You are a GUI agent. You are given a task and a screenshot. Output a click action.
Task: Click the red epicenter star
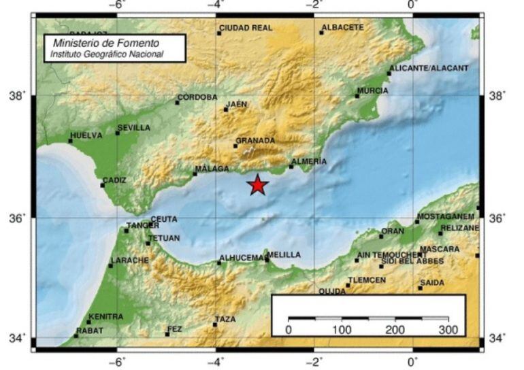coord(257,185)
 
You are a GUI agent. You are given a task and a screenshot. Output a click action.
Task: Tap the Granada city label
coord(255,141)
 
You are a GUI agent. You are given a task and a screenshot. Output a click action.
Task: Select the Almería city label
coord(309,162)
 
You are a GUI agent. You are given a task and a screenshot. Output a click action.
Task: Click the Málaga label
coord(212,169)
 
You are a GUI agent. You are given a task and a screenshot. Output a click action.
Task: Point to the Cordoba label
coord(197,97)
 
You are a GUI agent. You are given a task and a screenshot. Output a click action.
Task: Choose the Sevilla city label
coord(134,128)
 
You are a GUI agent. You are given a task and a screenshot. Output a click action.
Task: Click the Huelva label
coord(86,136)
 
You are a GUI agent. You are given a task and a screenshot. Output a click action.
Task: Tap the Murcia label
coord(373,91)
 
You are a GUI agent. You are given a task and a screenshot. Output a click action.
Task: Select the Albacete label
coord(343,28)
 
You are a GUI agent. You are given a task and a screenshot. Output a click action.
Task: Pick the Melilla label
coord(284,255)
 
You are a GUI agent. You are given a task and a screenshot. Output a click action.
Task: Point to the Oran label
coord(393,231)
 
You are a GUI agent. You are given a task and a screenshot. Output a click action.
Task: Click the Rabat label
coord(90,331)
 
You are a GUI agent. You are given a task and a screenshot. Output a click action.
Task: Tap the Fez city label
coord(175,330)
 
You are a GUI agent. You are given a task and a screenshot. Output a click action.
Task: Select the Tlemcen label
coord(367,280)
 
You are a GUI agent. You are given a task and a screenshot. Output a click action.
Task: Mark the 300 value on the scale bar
coord(448,330)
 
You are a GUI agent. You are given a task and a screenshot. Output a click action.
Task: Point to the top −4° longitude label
coord(216,5)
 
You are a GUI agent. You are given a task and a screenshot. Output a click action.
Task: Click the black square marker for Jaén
coord(226,110)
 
